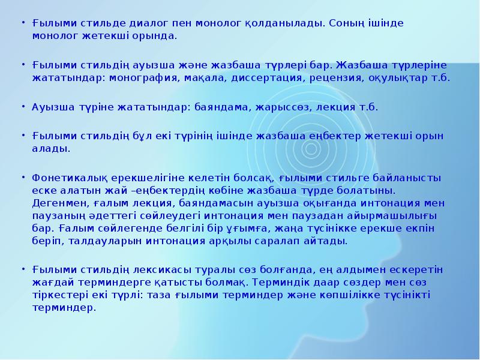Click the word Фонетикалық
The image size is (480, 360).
pyautogui.click(x=65, y=178)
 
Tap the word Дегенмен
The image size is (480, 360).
pyautogui.click(x=58, y=203)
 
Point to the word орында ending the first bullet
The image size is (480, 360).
pyautogui.click(x=157, y=36)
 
